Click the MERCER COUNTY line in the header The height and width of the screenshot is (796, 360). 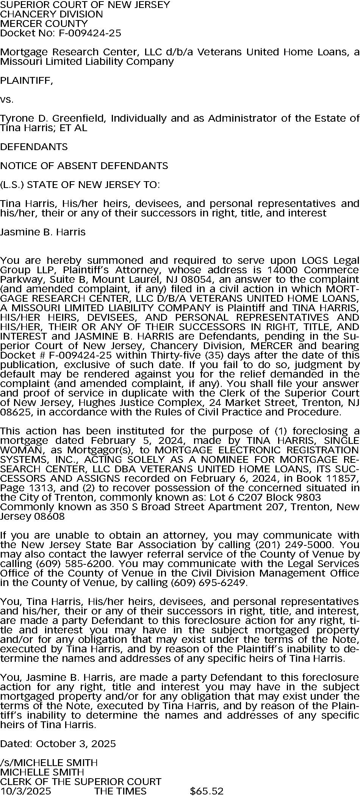[44, 24]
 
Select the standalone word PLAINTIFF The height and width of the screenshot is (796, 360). [27, 80]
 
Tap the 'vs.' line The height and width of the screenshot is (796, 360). [7, 100]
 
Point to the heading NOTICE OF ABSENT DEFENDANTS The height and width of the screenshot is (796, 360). [84, 166]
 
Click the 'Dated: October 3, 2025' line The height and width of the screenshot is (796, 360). [58, 744]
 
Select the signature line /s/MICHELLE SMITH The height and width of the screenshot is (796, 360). [49, 763]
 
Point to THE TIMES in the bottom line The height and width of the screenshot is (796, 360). [120, 791]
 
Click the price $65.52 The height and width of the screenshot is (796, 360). [207, 791]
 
